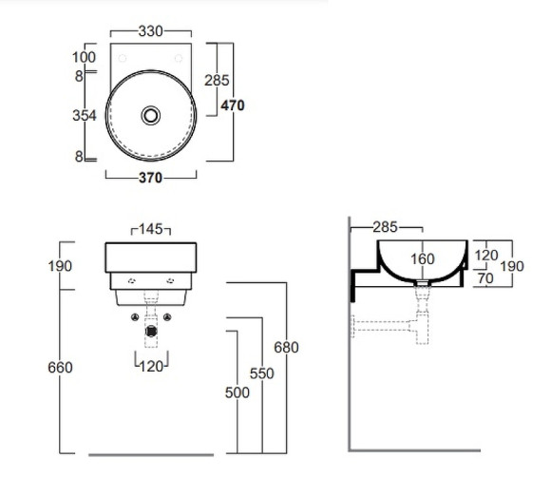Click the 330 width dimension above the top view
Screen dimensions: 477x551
tap(151, 31)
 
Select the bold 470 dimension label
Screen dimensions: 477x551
tap(233, 105)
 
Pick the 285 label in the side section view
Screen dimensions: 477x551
tap(385, 228)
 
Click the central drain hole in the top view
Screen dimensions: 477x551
tap(151, 115)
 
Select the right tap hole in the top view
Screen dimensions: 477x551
tap(179, 57)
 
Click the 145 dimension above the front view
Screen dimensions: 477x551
tap(151, 229)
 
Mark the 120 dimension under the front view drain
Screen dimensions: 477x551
tap(151, 364)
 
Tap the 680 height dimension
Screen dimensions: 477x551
tap(286, 348)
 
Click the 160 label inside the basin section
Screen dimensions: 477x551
tap(423, 258)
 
